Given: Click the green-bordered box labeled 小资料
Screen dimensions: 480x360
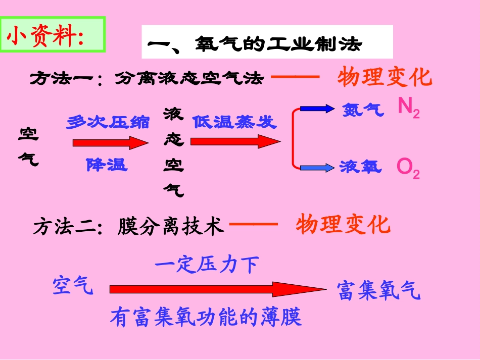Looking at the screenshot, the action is pos(54,35).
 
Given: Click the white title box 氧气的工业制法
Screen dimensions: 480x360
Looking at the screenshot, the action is pos(267,42).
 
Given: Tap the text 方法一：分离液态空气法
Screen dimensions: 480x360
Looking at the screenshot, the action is pos(147,78).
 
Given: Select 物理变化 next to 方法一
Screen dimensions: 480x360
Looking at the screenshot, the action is pos(385,78).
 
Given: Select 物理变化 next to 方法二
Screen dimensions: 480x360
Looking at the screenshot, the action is pos(344,224).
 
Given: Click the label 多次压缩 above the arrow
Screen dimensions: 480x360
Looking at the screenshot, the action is pos(108,122).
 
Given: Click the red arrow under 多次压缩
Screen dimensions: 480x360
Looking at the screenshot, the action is pos(111,143).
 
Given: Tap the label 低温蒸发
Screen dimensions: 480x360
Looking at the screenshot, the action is pos(234,122).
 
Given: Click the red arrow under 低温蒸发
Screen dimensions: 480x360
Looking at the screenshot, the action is pos(235,143).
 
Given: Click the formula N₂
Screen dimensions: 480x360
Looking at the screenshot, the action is pos(408,108).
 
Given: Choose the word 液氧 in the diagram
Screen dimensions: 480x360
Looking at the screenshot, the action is pos(361,166).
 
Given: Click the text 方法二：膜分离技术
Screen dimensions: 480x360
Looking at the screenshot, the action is pos(128,226).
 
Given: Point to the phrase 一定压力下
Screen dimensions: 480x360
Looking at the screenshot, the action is pos(207,265).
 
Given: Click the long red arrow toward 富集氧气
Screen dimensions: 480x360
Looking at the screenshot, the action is pos(217,289).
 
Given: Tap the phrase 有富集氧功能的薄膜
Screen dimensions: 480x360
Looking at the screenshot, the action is pos(206,317).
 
